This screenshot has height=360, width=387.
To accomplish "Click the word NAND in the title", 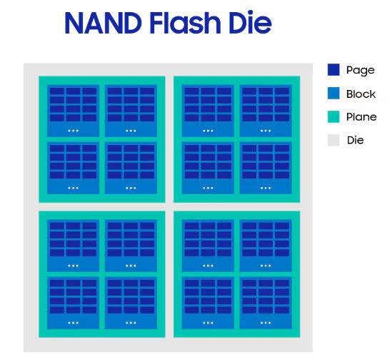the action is tap(103, 23).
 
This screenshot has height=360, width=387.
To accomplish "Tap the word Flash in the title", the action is tap(185, 22).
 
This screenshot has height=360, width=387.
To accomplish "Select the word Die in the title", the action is tap(250, 21).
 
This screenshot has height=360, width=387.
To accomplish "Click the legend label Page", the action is tap(361, 71).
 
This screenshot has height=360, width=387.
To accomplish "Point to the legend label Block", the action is tap(361, 94).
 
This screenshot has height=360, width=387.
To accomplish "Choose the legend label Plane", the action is tap(361, 117).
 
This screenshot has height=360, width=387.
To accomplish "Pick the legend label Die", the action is tap(356, 140).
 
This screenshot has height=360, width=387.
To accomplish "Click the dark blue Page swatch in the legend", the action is tap(333, 69).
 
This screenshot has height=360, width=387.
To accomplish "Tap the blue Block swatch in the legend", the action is tap(333, 93).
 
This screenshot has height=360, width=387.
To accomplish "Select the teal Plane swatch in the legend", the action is tap(333, 116).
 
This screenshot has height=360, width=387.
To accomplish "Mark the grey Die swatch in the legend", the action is tap(333, 140).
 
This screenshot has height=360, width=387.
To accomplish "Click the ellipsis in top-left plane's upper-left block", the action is tap(73, 131).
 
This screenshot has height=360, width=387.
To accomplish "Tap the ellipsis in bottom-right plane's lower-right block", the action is tap(266, 322).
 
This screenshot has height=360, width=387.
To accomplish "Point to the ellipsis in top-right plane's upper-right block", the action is tap(266, 131).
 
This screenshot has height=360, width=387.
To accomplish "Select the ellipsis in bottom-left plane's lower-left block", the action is tap(73, 322).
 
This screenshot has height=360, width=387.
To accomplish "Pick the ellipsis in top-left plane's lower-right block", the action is tap(131, 188).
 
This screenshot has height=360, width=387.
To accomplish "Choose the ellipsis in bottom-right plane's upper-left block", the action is tap(208, 266).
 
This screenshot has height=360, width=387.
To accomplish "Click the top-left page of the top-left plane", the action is tap(57, 91).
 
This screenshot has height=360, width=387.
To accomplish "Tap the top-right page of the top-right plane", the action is tap(282, 91).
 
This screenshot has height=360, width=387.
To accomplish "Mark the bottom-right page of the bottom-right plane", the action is tap(282, 310).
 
